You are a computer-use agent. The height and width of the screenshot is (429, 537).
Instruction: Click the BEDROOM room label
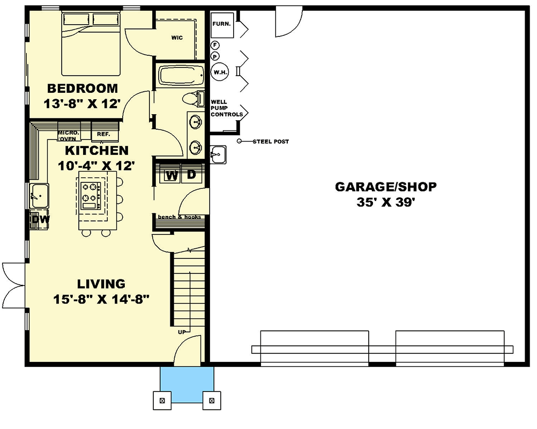click(83, 88)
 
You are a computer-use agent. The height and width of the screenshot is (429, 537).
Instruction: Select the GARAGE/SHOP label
click(386, 187)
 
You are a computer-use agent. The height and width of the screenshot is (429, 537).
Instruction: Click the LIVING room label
click(101, 284)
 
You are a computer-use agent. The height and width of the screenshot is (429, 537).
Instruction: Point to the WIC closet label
click(177, 38)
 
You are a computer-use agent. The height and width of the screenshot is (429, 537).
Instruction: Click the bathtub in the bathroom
click(181, 76)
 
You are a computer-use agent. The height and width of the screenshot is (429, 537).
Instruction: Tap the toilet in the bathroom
click(194, 99)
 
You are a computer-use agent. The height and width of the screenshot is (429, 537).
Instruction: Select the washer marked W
click(171, 175)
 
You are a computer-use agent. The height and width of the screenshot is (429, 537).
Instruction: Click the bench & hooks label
click(179, 217)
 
